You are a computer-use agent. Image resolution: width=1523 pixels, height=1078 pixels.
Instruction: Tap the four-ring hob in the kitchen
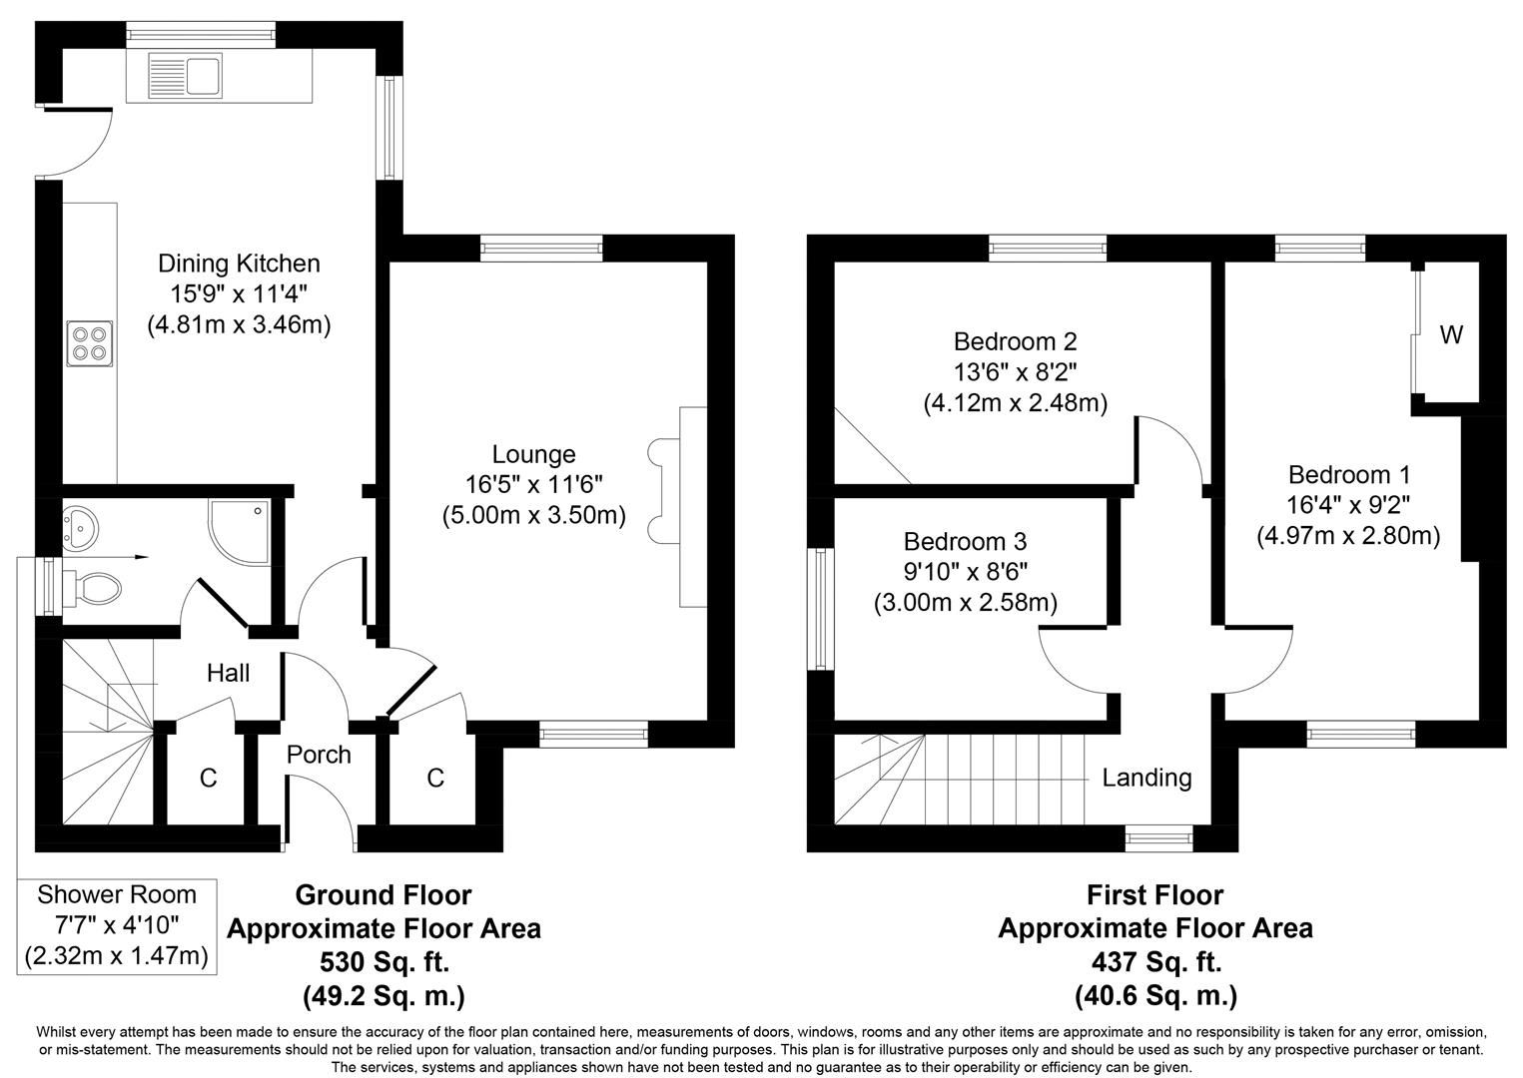tap(89, 342)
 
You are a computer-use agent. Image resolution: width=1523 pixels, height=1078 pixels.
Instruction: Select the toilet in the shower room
tap(96, 585)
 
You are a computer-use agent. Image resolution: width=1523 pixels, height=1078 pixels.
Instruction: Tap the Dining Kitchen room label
tap(239, 264)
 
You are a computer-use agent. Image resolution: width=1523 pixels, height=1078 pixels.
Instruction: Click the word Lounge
tap(534, 454)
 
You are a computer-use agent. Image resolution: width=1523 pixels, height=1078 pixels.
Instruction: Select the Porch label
tap(319, 755)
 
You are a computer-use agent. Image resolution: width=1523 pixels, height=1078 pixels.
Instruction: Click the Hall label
tap(228, 673)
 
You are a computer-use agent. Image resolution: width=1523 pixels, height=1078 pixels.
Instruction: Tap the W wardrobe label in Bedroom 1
tap(1451, 335)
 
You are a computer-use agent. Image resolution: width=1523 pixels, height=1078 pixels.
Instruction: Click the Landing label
tap(1146, 778)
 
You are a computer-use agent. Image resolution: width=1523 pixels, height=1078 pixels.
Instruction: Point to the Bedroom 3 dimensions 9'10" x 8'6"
tap(965, 572)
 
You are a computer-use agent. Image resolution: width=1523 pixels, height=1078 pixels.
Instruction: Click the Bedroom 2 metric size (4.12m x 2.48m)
tap(1015, 403)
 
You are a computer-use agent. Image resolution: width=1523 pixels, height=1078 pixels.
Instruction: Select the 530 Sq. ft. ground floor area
tap(383, 962)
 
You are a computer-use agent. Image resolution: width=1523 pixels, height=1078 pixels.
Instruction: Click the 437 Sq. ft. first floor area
tap(1155, 962)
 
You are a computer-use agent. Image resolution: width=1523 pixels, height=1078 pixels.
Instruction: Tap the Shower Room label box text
tap(117, 894)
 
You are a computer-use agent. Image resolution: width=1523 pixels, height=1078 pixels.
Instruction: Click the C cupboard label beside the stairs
tap(208, 779)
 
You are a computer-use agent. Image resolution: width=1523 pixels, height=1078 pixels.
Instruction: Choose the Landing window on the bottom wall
tap(1158, 838)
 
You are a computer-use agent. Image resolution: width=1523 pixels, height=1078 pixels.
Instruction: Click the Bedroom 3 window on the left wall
tap(821, 609)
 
